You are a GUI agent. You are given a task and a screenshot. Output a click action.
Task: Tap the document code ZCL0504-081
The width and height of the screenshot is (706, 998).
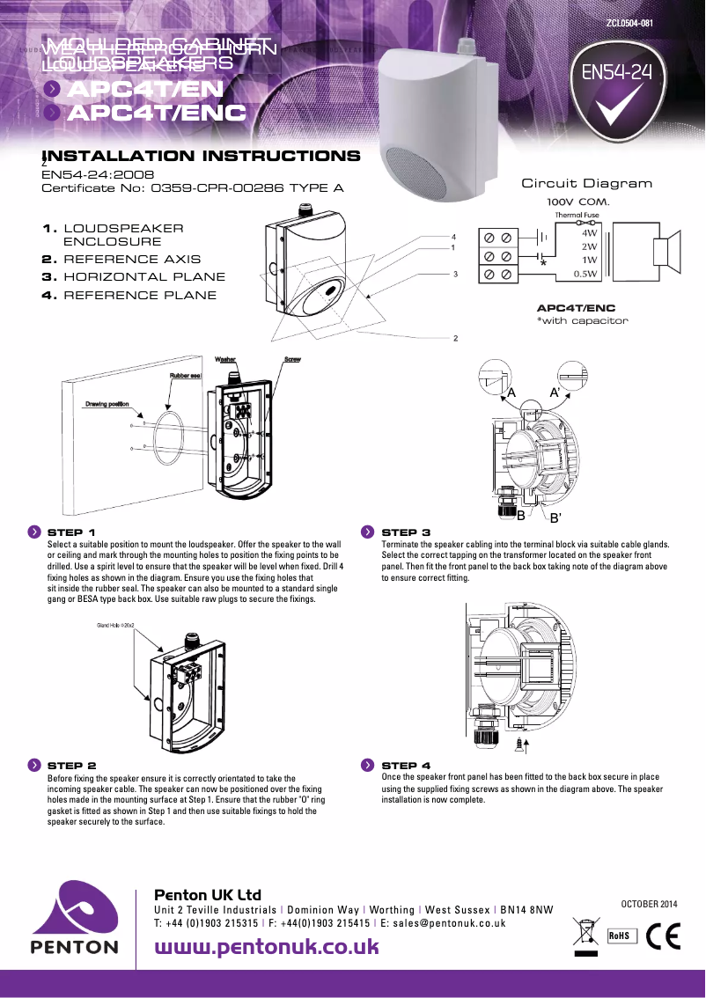pos(629,24)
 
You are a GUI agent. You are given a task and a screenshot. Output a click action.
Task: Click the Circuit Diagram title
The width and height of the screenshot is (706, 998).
pos(587,183)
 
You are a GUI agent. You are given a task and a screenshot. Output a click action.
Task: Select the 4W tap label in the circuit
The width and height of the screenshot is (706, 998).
pos(590,234)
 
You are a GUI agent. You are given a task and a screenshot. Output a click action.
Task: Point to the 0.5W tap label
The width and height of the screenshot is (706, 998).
pos(586,274)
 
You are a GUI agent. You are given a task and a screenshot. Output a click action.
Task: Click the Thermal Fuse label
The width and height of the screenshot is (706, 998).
pos(577,215)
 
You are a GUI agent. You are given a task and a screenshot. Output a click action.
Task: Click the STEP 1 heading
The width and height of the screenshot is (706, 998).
pos(70,532)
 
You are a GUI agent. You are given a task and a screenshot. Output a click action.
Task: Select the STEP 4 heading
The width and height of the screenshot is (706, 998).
pos(406,766)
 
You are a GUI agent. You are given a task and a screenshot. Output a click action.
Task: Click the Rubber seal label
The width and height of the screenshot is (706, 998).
pos(187,376)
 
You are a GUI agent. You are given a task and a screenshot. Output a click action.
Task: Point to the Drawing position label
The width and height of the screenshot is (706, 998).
pos(107,404)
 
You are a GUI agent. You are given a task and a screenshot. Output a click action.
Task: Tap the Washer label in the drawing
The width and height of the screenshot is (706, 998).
pos(224,360)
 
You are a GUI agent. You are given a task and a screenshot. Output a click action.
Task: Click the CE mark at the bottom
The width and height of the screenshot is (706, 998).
pos(664,936)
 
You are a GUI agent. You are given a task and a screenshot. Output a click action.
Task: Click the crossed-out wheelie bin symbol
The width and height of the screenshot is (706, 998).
pos(585,933)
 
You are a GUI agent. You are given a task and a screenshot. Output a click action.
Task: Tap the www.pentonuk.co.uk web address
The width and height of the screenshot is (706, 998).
pos(267,947)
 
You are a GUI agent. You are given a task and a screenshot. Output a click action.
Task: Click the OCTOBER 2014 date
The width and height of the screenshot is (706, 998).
pos(651,904)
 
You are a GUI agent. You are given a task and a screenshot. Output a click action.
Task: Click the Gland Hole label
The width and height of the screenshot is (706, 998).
pos(114,625)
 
